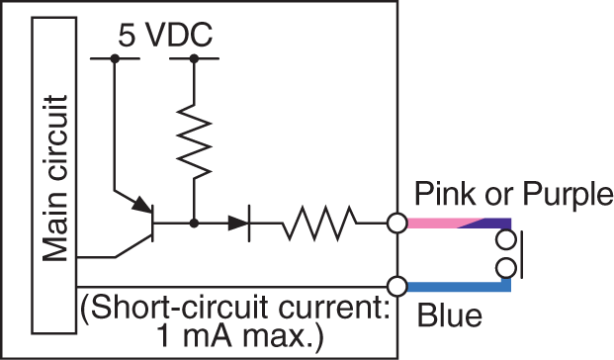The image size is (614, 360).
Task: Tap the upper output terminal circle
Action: pyautogui.click(x=397, y=225)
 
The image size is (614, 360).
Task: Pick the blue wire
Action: pyautogui.click(x=455, y=288)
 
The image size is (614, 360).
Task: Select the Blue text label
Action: pyautogui.click(x=450, y=318)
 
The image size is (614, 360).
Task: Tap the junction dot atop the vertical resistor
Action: pyautogui.click(x=195, y=59)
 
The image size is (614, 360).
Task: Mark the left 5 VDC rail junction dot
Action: pyautogui.click(x=115, y=59)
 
